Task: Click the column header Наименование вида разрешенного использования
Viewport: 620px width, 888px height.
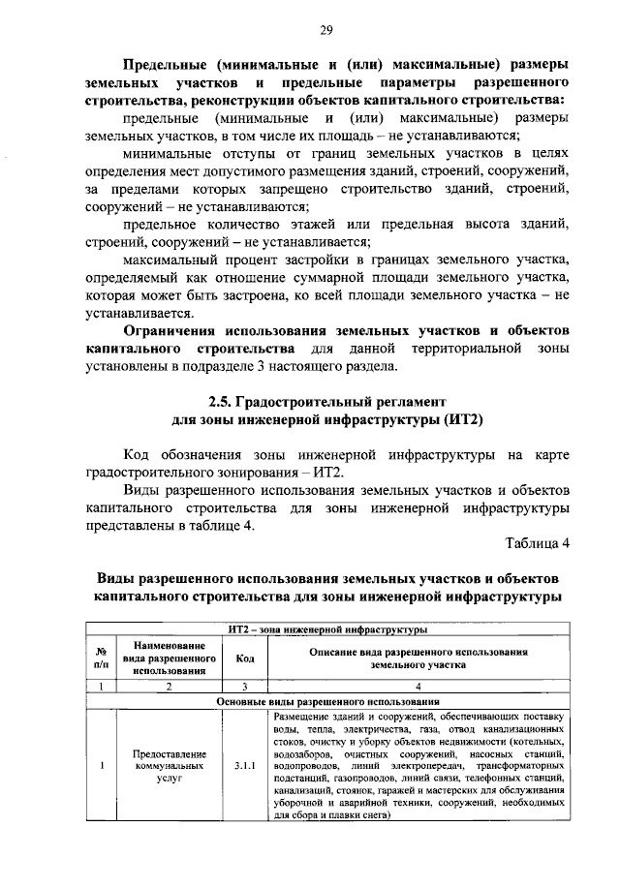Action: (x=169, y=658)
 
